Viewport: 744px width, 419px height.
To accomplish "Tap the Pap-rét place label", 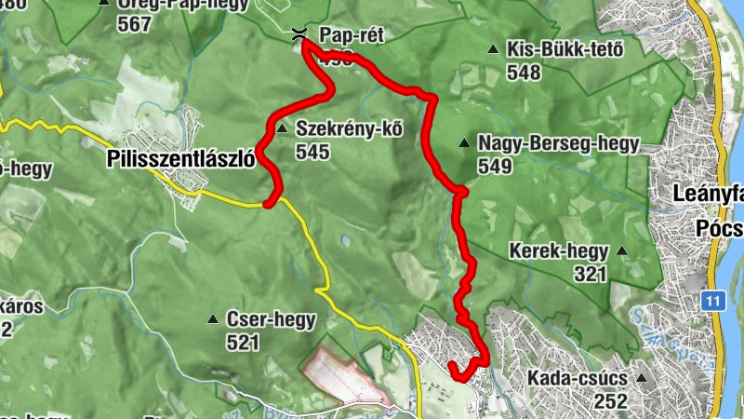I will [x=351, y=35].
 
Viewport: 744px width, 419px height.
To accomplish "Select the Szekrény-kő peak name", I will [x=349, y=129].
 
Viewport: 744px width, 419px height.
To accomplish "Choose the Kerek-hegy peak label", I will [x=558, y=250].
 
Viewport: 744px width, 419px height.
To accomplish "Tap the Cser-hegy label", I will [x=271, y=319].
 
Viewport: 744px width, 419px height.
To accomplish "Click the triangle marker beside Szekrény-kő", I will [x=281, y=127].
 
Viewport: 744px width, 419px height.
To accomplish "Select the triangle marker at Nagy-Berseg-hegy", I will [x=463, y=142].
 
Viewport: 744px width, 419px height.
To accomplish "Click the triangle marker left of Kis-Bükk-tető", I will [x=493, y=49].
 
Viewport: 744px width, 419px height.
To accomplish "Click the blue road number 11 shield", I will [x=712, y=301].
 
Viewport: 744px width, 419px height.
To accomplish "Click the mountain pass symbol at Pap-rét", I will [x=299, y=35].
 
